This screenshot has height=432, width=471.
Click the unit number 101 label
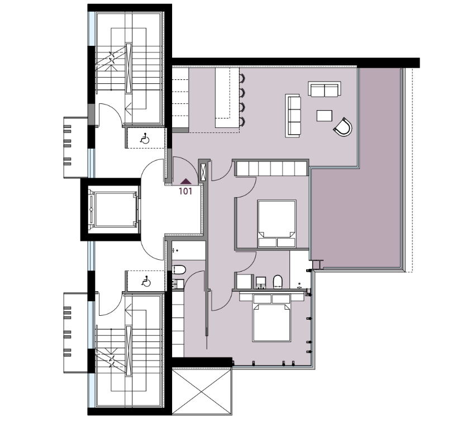pyautogui.click(x=185, y=191)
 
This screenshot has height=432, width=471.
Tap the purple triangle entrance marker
pyautogui.click(x=185, y=181)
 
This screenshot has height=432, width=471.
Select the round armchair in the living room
pyautogui.click(x=343, y=127)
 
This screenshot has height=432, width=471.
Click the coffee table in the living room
pyautogui.click(x=324, y=116)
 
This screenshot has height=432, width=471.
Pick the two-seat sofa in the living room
pyautogui.click(x=325, y=89)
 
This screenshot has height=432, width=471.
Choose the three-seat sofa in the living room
pyautogui.click(x=293, y=115)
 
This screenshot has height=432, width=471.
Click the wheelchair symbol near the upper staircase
pyautogui.click(x=145, y=139)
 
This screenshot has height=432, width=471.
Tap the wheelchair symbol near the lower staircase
pyautogui.click(x=146, y=281)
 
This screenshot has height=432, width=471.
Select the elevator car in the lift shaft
pyautogui.click(x=113, y=209)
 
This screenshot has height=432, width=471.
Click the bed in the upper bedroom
pyautogui.click(x=277, y=224)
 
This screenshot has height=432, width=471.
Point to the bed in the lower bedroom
pyautogui.click(x=272, y=317)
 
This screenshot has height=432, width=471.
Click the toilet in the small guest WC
pyautogui.click(x=179, y=270)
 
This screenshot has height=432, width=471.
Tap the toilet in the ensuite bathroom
pyautogui.click(x=278, y=282)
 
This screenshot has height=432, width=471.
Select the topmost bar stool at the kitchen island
pyautogui.click(x=242, y=78)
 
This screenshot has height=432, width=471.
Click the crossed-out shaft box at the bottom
pyautogui.click(x=202, y=392)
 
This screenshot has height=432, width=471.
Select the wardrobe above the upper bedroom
pyautogui.click(x=271, y=168)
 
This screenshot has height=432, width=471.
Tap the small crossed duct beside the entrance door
pyautogui.click(x=203, y=172)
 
